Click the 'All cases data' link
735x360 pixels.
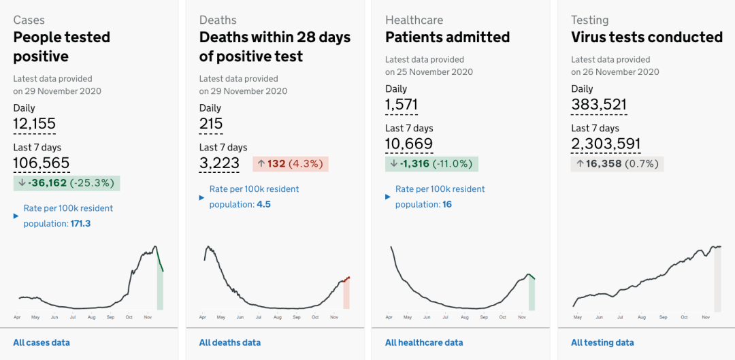coord(42,343)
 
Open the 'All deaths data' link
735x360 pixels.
coord(230,343)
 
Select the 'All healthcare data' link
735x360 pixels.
coord(424,343)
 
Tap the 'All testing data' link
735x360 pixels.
coord(602,343)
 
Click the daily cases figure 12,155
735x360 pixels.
coord(34,124)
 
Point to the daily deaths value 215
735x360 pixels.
coord(211,124)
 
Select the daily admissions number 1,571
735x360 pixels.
coord(402,105)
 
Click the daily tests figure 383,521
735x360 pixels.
coord(599,105)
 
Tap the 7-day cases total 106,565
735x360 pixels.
coord(42,163)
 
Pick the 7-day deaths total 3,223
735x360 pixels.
coord(219,163)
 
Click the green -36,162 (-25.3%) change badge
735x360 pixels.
coord(67,183)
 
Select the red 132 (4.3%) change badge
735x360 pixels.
coord(291,164)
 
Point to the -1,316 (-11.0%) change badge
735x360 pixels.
coord(431,164)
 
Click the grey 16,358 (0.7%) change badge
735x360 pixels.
coord(617,164)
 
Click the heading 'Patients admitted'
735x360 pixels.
coord(448,37)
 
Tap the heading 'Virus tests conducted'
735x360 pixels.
coord(647,37)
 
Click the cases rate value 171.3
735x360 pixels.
coord(80,224)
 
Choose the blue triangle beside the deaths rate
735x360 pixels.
coord(202,197)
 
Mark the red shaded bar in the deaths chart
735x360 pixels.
coord(346,295)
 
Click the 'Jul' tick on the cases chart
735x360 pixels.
coord(73,317)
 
